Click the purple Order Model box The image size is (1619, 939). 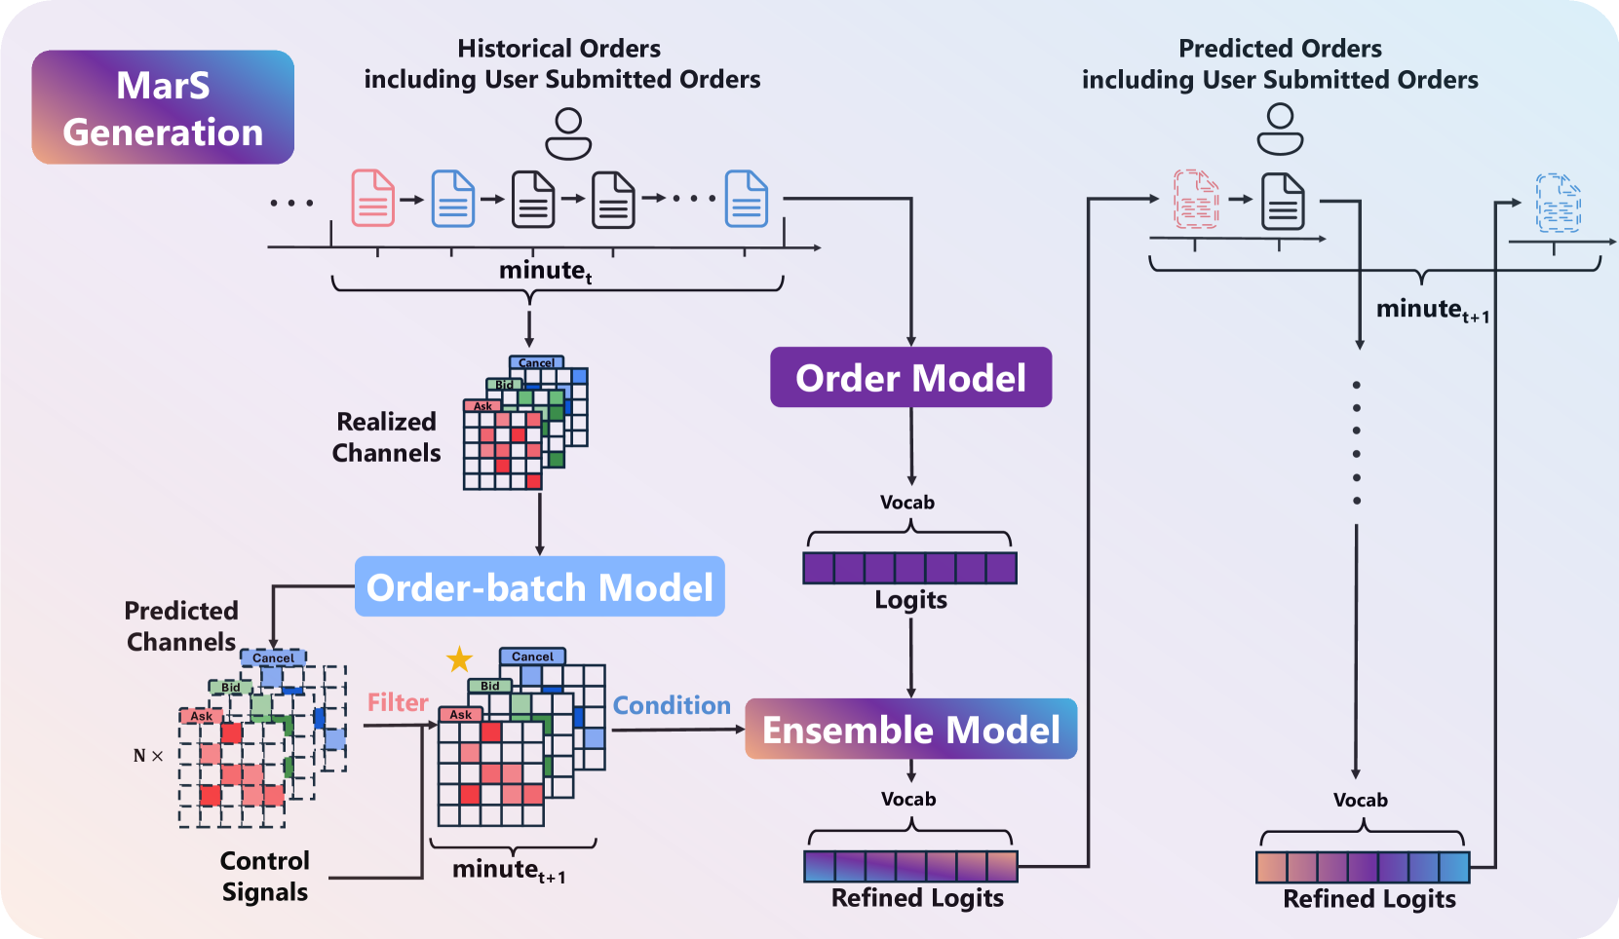(x=910, y=377)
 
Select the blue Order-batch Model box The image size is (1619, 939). (x=539, y=586)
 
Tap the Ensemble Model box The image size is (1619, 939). (x=910, y=730)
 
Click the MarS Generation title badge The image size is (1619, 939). (x=163, y=107)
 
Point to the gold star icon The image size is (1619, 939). (x=459, y=659)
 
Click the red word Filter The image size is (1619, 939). (x=398, y=702)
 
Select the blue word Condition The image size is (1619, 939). (x=672, y=705)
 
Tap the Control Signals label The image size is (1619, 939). (x=264, y=876)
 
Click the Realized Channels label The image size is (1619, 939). (x=386, y=436)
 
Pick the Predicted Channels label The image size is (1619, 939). (x=181, y=625)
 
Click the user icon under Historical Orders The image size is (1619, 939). (x=568, y=133)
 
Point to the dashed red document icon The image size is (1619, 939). (x=1196, y=199)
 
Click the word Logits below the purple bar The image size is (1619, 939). (x=910, y=599)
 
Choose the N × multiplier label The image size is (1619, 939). (x=148, y=756)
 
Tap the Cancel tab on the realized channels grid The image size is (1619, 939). (x=536, y=362)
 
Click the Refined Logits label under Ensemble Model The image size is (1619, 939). (x=917, y=897)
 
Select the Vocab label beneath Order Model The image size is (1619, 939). (x=907, y=503)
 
